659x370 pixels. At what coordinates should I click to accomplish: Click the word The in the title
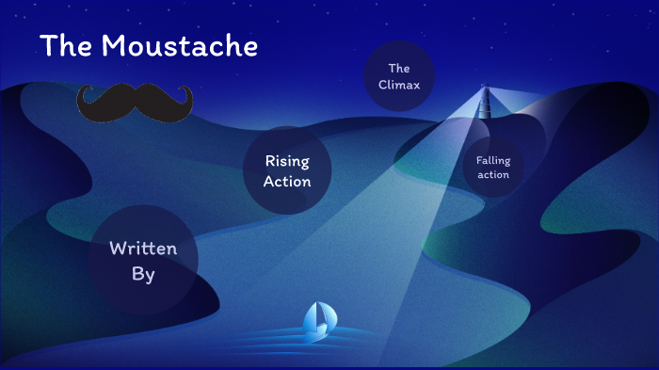[64, 45]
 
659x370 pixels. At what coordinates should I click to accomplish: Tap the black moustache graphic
[135, 102]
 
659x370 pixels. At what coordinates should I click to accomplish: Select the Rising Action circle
[287, 170]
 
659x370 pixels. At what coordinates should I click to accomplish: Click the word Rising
[287, 161]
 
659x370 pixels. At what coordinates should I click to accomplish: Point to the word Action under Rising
[287, 181]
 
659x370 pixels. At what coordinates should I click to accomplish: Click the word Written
[143, 249]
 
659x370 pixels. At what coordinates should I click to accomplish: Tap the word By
[143, 274]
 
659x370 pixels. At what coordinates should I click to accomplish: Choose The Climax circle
[399, 76]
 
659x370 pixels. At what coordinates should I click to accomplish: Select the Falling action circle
[493, 168]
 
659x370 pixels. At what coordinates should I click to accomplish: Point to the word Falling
[493, 161]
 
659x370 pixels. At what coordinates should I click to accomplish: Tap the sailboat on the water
[318, 321]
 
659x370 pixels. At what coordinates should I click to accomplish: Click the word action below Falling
[493, 175]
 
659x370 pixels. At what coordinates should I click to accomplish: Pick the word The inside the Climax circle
[399, 68]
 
